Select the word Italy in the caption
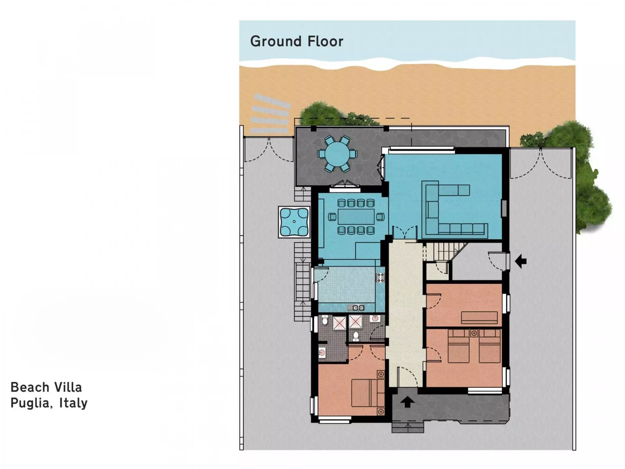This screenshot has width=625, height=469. [x=74, y=403]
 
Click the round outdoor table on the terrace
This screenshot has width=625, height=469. [x=337, y=154]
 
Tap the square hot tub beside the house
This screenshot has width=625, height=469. [x=294, y=222]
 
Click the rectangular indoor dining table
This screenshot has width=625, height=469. [x=356, y=217]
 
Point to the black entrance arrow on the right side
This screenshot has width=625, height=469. [x=521, y=261]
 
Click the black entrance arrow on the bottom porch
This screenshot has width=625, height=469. [x=408, y=402]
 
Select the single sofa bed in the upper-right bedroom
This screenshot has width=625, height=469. [x=479, y=318]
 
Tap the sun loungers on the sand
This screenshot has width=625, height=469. [x=271, y=114]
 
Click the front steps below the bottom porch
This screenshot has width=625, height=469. [x=408, y=428]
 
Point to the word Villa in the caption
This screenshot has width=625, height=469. [x=69, y=387]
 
